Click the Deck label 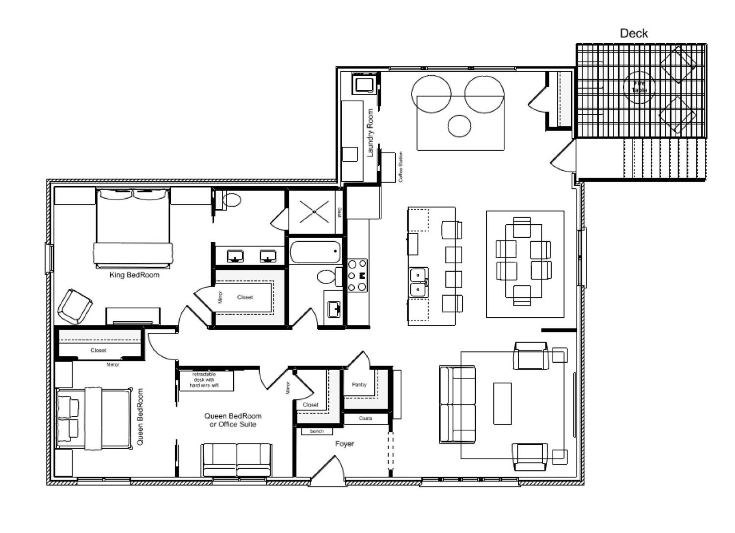coord(634,33)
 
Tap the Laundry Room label coord(370,133)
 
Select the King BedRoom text coord(135,275)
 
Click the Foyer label coord(344,444)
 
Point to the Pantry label coord(359,385)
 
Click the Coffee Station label coord(401,167)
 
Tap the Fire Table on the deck coord(639,87)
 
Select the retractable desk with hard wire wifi coord(206,380)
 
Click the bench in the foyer coord(316,431)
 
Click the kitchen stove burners coord(357,275)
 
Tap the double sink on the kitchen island coord(418,282)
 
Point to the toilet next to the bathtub coord(327,276)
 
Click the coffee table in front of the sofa coord(502,403)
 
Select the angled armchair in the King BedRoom coord(75,306)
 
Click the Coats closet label coord(366,419)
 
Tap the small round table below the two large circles coord(459,126)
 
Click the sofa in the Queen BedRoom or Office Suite coord(237,460)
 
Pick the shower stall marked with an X coord(314,212)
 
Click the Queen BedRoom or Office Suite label coord(233,420)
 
